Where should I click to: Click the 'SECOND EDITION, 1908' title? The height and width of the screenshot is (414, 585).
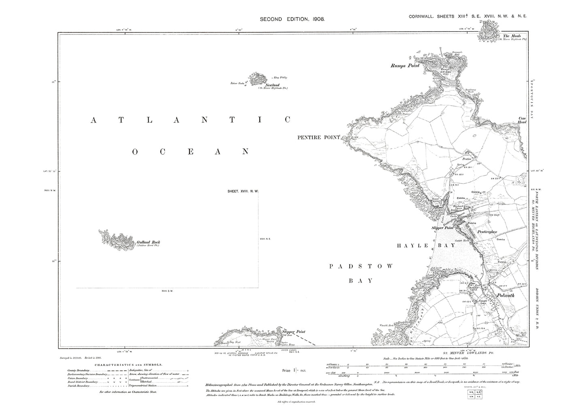point(292,19)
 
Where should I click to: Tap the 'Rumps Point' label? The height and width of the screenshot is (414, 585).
point(405,65)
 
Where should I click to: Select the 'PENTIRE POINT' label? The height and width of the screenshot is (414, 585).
point(318,138)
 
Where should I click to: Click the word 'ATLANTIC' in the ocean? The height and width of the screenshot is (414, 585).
point(190,120)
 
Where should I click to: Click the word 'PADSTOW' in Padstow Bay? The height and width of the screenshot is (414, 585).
point(361,266)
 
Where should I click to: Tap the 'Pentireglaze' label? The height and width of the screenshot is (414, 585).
point(489,232)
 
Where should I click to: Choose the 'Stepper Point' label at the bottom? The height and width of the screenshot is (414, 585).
point(294,331)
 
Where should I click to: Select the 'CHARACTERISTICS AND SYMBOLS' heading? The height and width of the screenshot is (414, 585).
point(128,365)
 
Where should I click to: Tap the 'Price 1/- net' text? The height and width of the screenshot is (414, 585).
point(294,371)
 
